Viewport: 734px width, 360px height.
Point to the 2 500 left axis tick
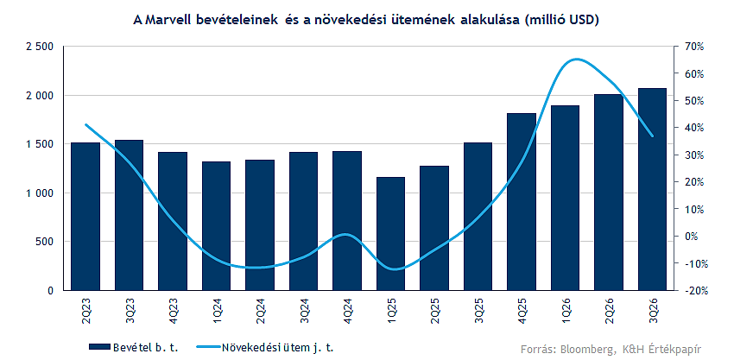pyautogui.click(x=40, y=47)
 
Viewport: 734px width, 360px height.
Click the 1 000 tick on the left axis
pyautogui.click(x=40, y=193)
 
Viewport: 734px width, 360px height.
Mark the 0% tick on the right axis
pyautogui.click(x=696, y=237)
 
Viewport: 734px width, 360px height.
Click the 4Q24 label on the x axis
pyautogui.click(x=348, y=309)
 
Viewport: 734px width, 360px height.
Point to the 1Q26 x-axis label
pyautogui.click(x=566, y=309)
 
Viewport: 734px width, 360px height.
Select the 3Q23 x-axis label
pyautogui.click(x=130, y=309)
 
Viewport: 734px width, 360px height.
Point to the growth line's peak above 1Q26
pyautogui.click(x=575, y=60)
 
